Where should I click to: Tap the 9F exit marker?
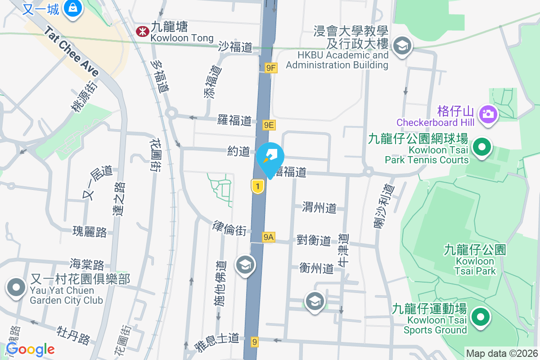click(270, 68)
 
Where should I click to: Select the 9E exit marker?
click(269, 125)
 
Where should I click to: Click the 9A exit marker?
click(269, 237)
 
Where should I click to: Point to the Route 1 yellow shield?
click(257, 186)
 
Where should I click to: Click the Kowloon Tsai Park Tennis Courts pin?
click(482, 147)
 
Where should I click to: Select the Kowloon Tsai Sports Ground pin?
click(480, 317)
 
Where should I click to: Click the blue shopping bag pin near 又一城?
click(72, 8)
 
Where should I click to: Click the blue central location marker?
click(270, 159)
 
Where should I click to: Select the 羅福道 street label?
click(234, 121)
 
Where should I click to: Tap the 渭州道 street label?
click(319, 207)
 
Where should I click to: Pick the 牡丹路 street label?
click(74, 335)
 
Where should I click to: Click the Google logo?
click(30, 349)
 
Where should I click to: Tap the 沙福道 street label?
click(236, 47)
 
